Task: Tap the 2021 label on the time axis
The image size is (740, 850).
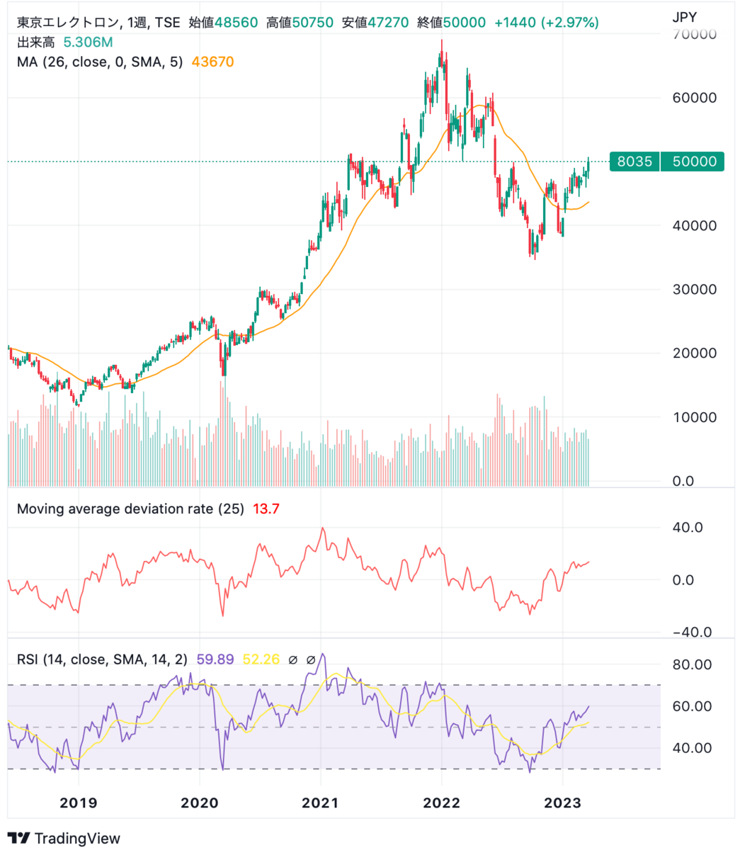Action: (x=320, y=803)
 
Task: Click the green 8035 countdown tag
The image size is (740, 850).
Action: (x=634, y=161)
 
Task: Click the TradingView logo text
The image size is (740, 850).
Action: (x=77, y=838)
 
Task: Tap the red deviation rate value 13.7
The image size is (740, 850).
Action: (x=266, y=509)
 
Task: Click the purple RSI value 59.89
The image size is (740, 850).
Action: (x=215, y=659)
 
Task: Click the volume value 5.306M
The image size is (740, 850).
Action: (x=87, y=42)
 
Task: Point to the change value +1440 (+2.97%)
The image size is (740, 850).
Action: (x=546, y=23)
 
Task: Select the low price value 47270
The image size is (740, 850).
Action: (x=385, y=23)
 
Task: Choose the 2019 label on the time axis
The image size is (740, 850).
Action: (x=79, y=803)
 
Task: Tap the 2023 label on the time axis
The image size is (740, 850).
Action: (x=562, y=803)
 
